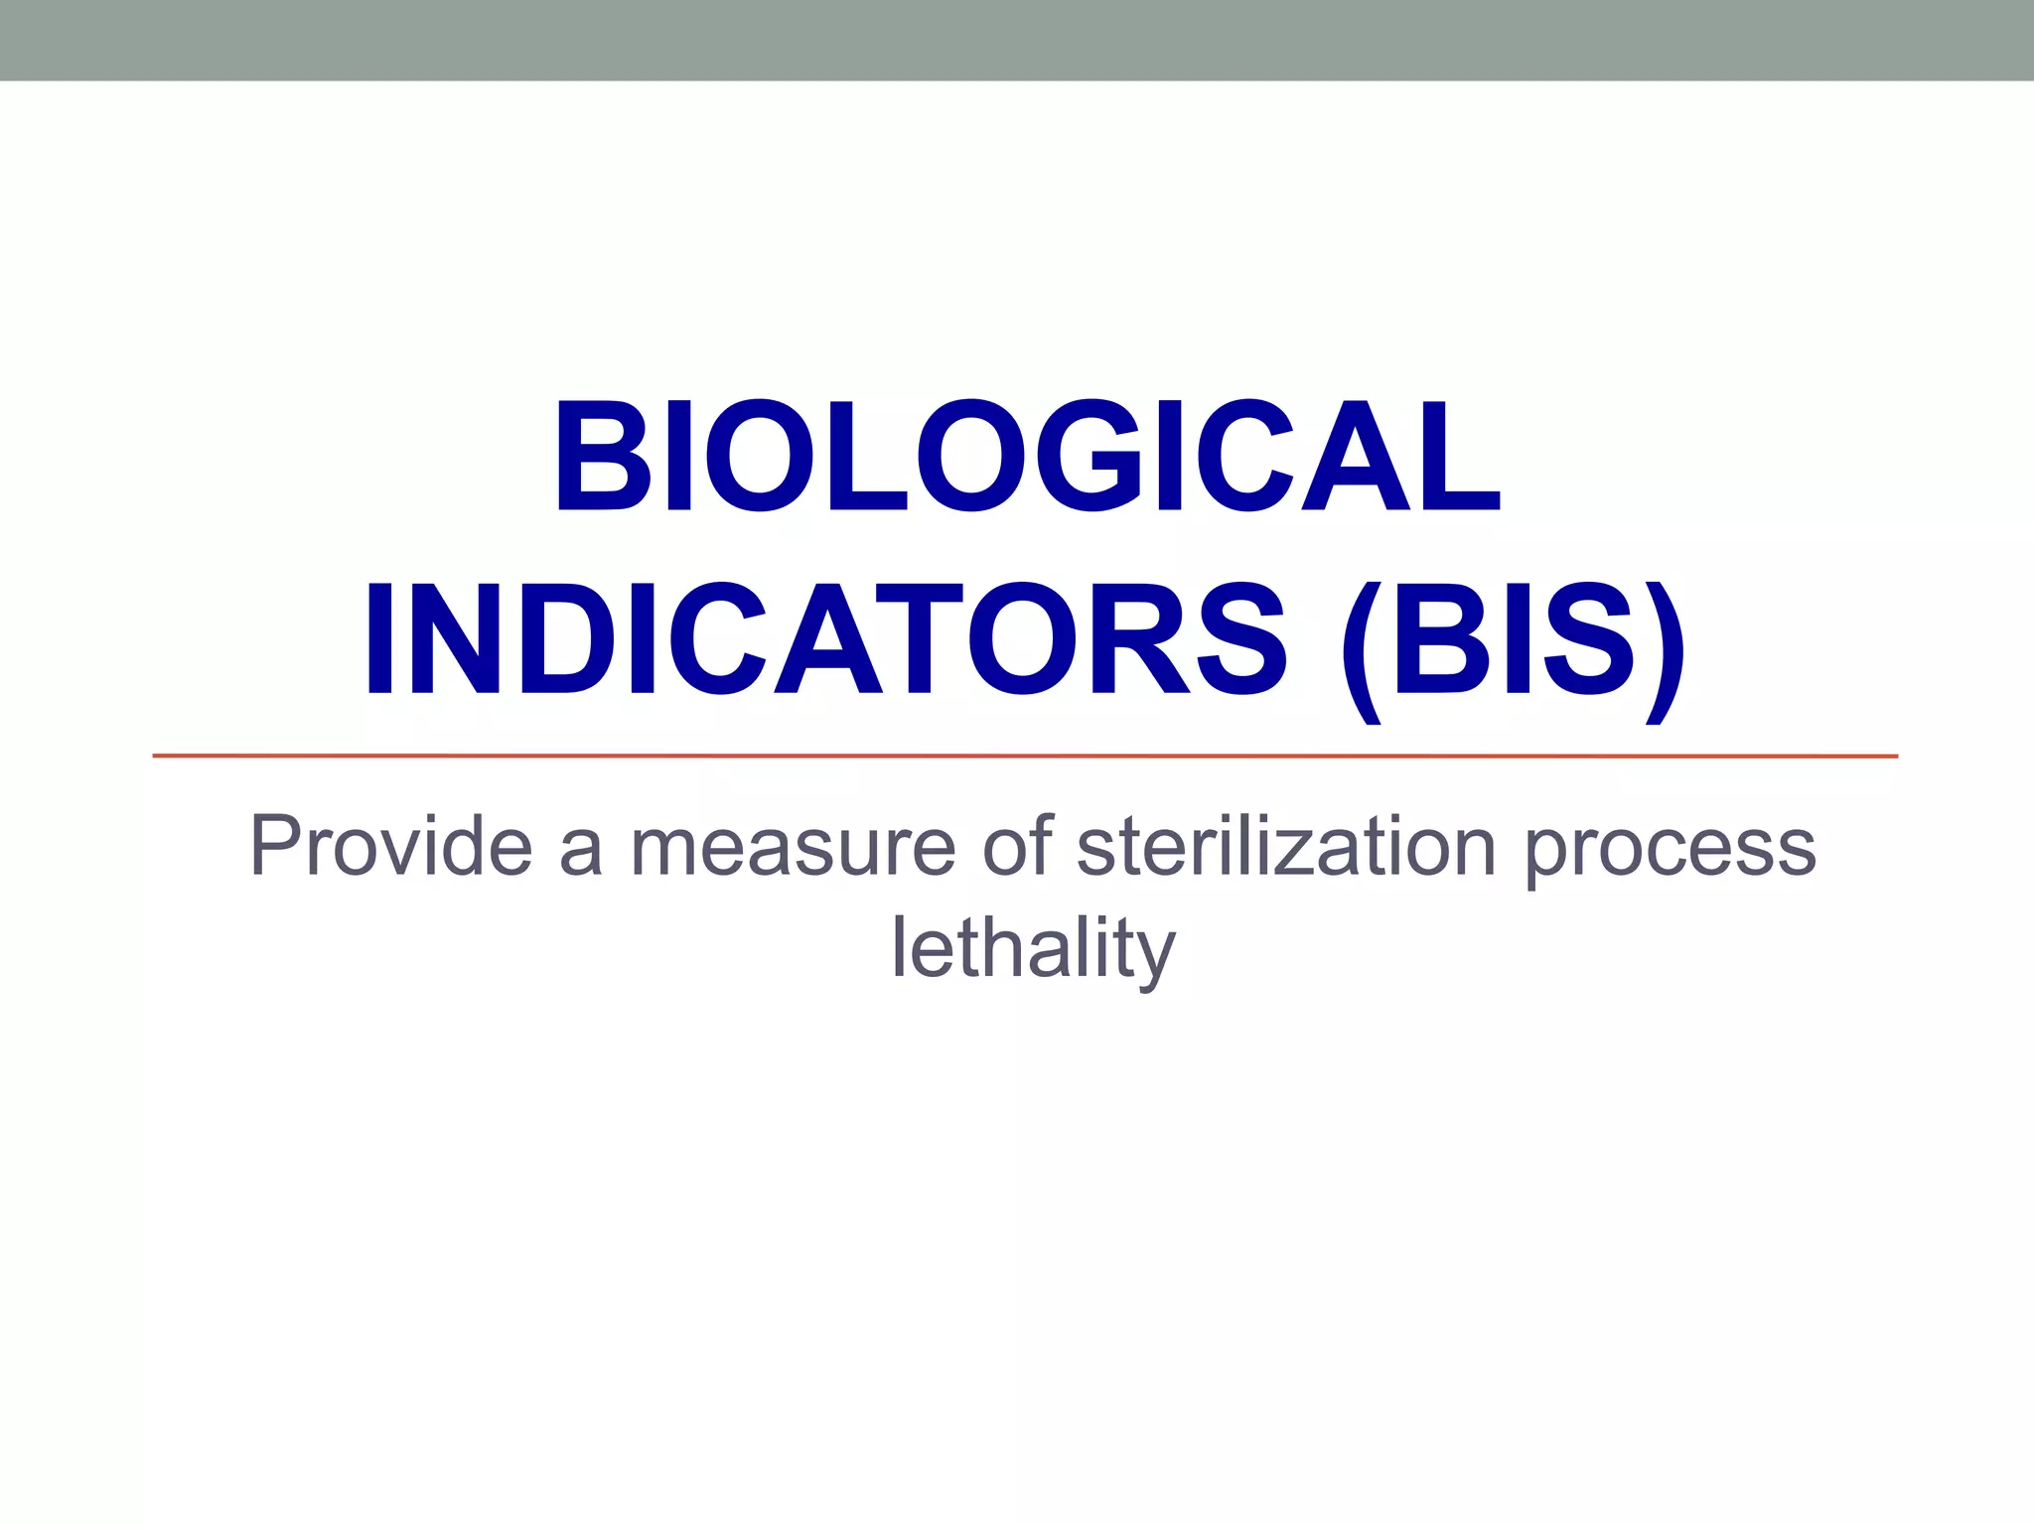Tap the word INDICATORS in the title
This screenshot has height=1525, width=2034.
click(x=825, y=638)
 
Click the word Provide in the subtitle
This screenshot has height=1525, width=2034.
click(x=390, y=846)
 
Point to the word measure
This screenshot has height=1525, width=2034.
click(x=793, y=848)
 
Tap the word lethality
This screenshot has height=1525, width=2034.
click(x=1033, y=948)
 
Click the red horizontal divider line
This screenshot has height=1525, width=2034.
click(x=1025, y=757)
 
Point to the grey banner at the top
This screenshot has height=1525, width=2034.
click(x=1017, y=40)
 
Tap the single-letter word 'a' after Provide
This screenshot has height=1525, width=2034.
click(x=581, y=852)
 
